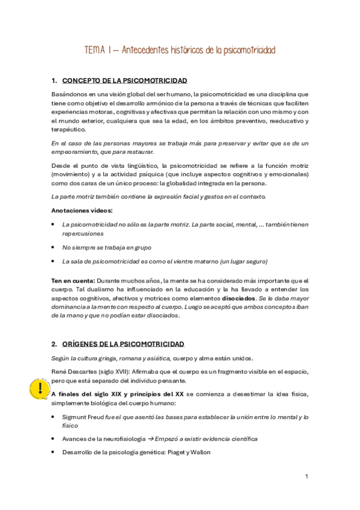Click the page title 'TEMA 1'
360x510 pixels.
coord(102,51)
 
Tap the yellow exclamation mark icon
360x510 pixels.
coord(39,387)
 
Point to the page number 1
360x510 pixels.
coord(307,476)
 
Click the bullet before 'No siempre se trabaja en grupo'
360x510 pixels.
coord(54,247)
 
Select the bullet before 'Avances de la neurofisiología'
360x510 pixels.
coord(54,439)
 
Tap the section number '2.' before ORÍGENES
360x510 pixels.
coord(54,344)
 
